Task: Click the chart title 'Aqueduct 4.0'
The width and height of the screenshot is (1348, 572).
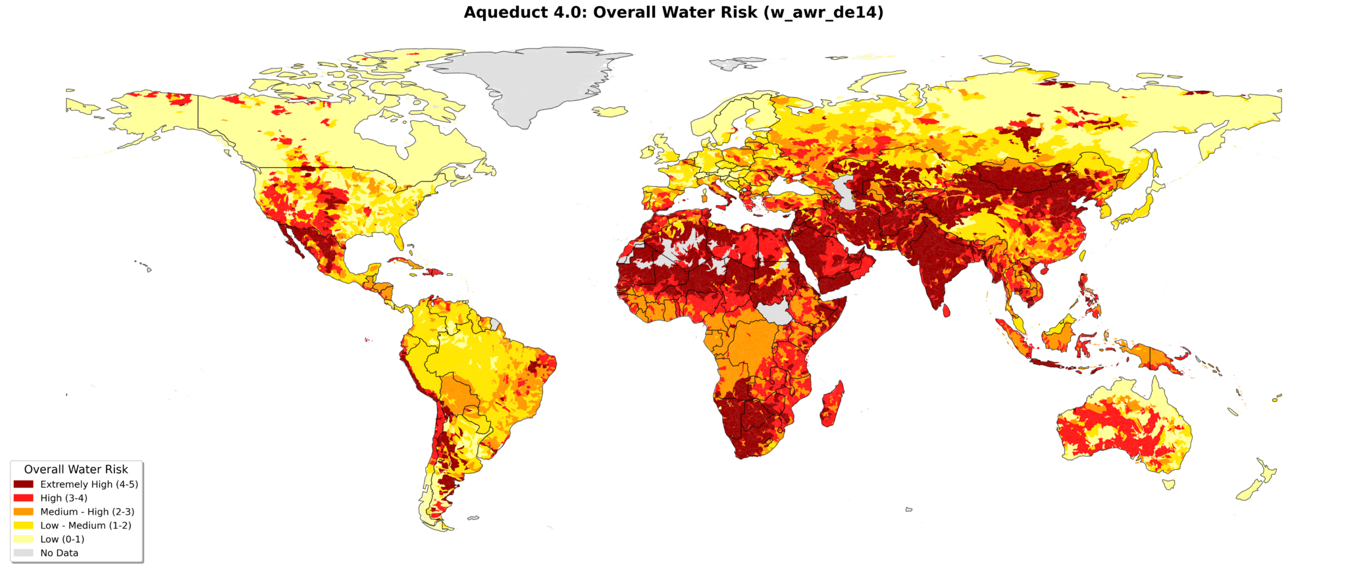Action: pos(673,13)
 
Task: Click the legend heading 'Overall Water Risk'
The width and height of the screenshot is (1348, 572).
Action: pos(76,469)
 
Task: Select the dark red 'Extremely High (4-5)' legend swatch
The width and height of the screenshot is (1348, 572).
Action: pos(23,484)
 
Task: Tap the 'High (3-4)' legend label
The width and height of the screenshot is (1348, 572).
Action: pos(64,498)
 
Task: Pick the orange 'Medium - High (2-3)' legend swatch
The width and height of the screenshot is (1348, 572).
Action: pos(23,512)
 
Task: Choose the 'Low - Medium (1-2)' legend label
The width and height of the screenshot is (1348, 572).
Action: pos(86,525)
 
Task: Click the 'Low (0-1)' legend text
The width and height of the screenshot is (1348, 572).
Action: pos(63,539)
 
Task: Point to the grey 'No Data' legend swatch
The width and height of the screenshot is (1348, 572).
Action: pos(23,553)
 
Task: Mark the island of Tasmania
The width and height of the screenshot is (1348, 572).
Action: pos(1169,484)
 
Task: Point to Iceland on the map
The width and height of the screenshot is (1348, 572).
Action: pos(611,112)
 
